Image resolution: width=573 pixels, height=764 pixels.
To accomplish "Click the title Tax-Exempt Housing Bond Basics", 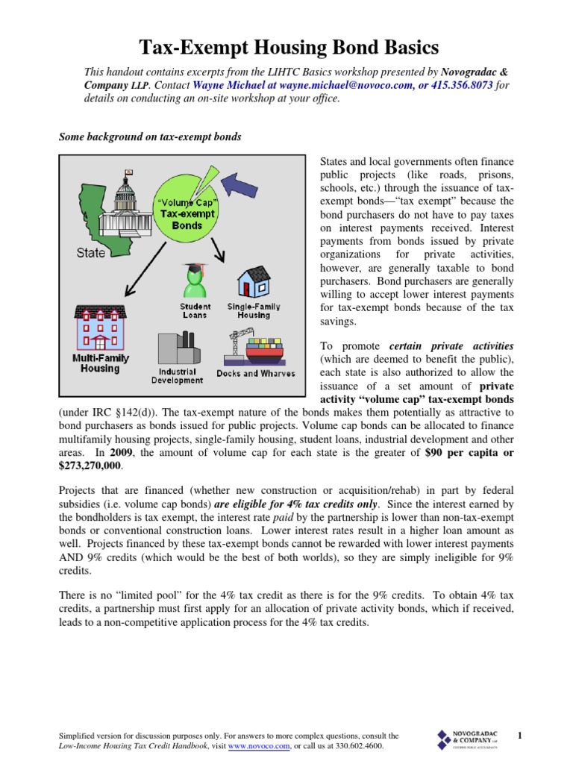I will pyautogui.click(x=289, y=48).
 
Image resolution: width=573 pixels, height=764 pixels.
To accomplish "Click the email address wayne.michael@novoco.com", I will pyautogui.click(x=315, y=86).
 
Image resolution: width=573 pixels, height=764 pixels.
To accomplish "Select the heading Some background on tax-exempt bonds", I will pyautogui.click(x=151, y=137).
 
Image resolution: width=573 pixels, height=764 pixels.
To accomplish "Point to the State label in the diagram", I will pyautogui.click(x=91, y=253).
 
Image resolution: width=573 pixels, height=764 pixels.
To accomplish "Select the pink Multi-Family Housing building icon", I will pyautogui.click(x=99, y=326).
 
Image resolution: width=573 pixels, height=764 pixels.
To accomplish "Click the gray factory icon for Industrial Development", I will pyautogui.click(x=177, y=348).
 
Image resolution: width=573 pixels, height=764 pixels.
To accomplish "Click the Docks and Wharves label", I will pyautogui.click(x=255, y=373).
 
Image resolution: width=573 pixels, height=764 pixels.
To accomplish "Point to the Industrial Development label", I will pyautogui.click(x=177, y=375).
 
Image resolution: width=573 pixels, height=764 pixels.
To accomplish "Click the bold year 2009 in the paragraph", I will pyautogui.click(x=121, y=453).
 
